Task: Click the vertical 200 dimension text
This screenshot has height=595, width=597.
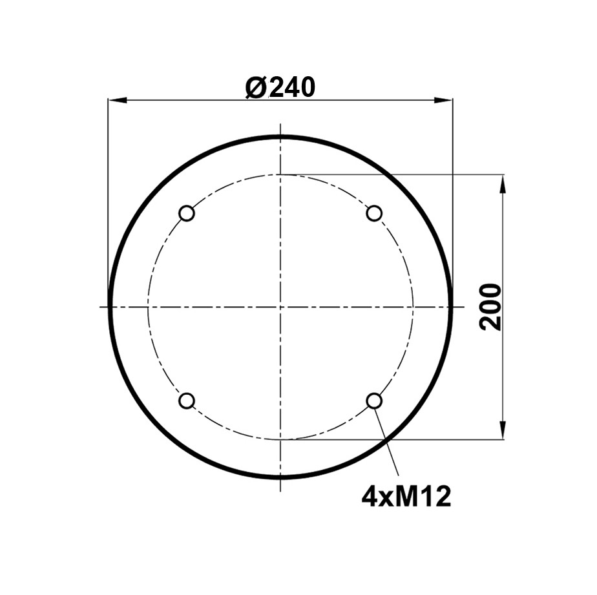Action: pyautogui.click(x=491, y=307)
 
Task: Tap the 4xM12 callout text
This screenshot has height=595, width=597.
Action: pyautogui.click(x=406, y=496)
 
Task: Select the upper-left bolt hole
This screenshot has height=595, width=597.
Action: pyautogui.click(x=187, y=213)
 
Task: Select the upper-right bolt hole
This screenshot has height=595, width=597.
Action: pyautogui.click(x=374, y=213)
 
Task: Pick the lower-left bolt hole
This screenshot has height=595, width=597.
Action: pyautogui.click(x=187, y=401)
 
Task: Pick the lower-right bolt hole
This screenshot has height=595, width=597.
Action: pyautogui.click(x=374, y=401)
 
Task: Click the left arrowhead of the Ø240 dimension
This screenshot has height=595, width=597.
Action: pyautogui.click(x=118, y=100)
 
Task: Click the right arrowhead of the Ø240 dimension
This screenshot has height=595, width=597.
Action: pyautogui.click(x=444, y=100)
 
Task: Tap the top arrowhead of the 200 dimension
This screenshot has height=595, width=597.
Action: pyautogui.click(x=503, y=183)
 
